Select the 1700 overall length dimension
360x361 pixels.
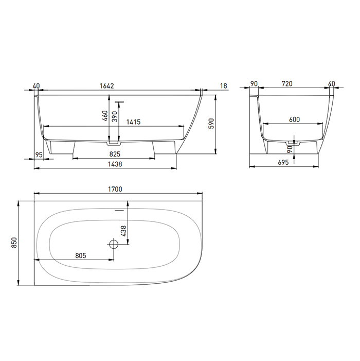(115, 189)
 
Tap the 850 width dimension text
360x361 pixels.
(14, 243)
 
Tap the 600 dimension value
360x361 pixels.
(294, 119)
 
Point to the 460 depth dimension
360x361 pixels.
(105, 116)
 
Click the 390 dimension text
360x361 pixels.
(115, 116)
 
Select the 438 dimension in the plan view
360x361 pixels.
(123, 232)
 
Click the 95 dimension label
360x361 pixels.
(39, 154)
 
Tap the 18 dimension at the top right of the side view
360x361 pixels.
(223, 85)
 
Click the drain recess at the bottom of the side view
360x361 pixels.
(114, 139)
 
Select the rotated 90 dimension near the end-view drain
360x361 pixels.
(290, 149)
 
